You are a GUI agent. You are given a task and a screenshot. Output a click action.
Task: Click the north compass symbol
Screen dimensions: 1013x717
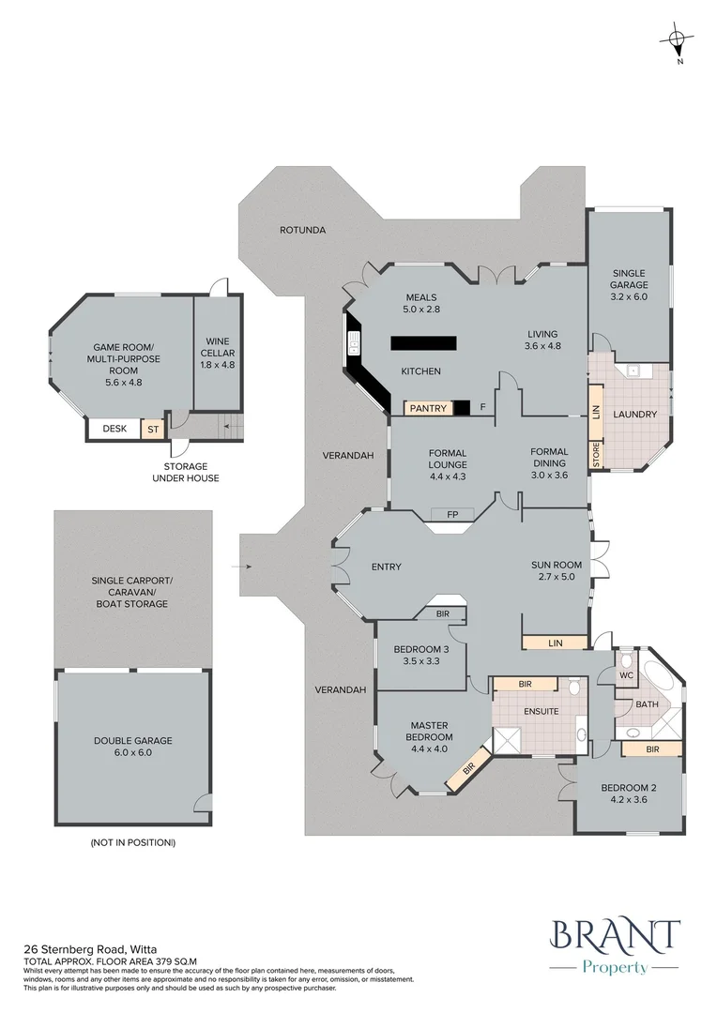pos(677,40)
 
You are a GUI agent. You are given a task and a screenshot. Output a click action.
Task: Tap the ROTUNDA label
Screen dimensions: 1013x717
pos(302,229)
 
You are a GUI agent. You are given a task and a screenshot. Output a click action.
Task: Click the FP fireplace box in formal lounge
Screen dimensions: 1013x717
pos(452,514)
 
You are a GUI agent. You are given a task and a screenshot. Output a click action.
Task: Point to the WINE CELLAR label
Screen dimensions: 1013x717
pos(217,346)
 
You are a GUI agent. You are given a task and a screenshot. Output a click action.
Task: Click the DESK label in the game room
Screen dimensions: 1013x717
pos(114,429)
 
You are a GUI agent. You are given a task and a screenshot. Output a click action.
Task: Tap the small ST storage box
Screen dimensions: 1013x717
pos(151,430)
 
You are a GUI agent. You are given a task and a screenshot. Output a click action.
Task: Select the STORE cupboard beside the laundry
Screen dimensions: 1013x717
pos(596,454)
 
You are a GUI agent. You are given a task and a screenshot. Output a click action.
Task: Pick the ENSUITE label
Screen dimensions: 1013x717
pos(542,711)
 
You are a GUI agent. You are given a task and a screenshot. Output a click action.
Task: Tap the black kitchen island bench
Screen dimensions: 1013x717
pos(423,342)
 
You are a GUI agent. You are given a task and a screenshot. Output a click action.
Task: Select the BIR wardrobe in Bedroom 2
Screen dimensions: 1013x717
pos(653,749)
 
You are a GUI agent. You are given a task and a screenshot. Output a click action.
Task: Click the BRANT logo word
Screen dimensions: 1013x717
pos(615,936)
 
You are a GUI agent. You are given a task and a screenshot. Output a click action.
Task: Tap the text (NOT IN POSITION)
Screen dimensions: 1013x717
pos(133,843)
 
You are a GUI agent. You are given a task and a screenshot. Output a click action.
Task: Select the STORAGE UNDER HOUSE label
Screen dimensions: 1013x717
pos(186,472)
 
